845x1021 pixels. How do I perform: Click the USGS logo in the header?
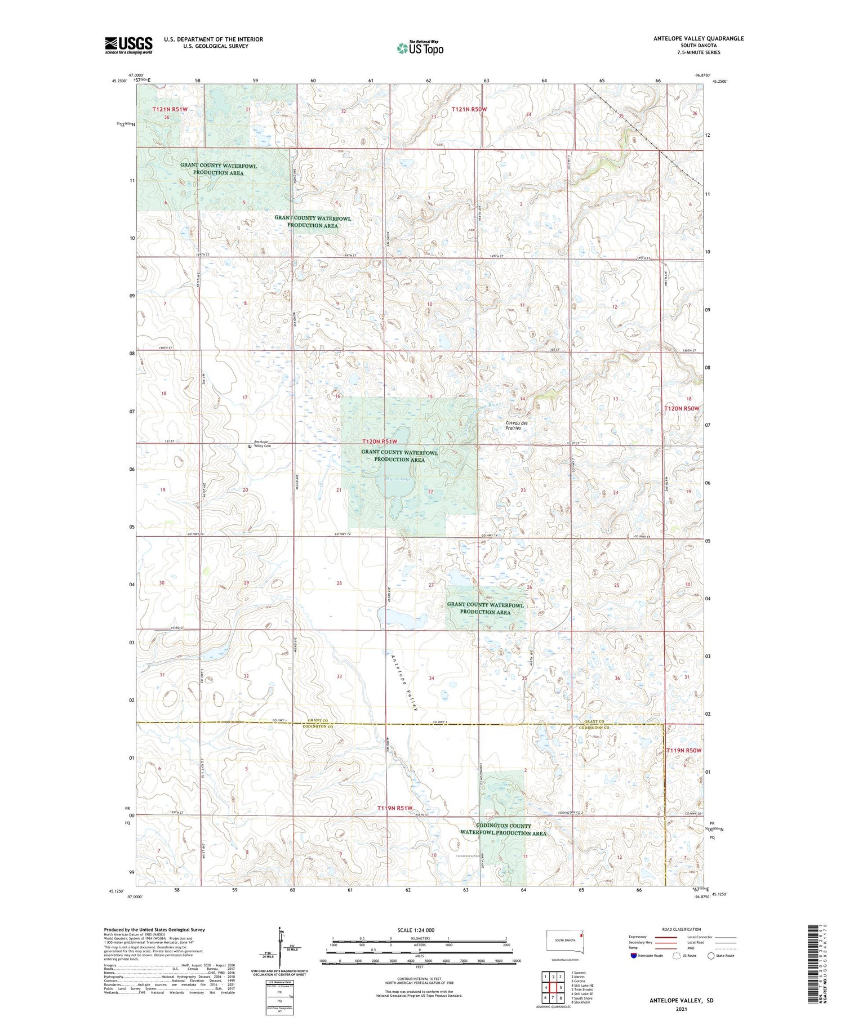(x=128, y=45)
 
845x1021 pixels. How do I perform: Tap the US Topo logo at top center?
(x=420, y=48)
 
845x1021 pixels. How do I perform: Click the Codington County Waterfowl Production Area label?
(x=503, y=829)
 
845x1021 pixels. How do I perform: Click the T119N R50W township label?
(x=684, y=751)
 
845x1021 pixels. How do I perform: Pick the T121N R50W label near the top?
(x=469, y=109)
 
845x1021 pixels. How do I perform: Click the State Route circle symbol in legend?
(x=711, y=956)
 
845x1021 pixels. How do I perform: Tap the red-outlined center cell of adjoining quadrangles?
(x=553, y=987)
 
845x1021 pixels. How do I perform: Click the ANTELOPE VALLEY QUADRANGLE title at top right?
(x=698, y=39)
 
